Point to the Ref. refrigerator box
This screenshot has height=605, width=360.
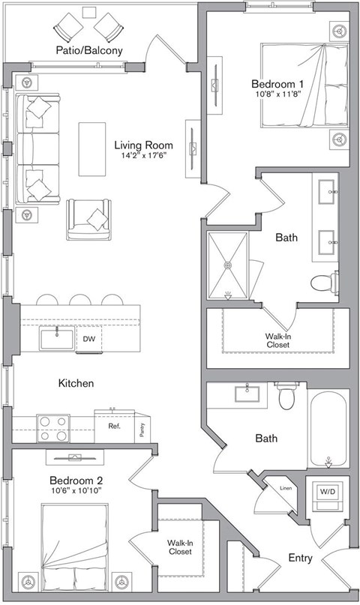[114, 426]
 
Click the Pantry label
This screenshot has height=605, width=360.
[142, 429]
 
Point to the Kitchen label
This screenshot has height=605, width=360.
[76, 383]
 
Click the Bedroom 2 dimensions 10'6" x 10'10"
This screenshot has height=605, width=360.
[76, 491]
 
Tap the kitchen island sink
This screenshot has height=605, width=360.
[56, 339]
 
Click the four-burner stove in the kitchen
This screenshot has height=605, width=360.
[53, 428]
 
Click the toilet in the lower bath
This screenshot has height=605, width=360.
[286, 397]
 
